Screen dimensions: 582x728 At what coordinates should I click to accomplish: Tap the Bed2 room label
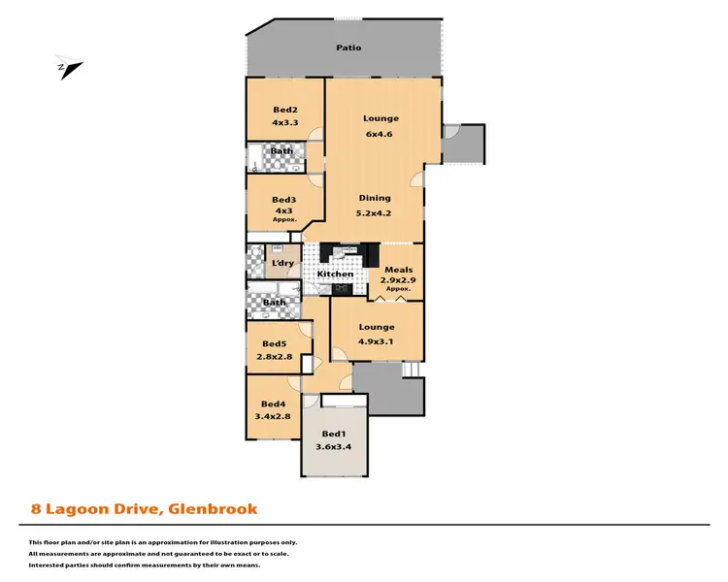point(284,110)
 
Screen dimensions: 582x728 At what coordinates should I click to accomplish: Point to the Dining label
point(374,199)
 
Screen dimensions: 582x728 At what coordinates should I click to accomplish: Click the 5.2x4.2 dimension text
point(374,212)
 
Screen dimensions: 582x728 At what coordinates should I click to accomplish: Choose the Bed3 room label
point(283,200)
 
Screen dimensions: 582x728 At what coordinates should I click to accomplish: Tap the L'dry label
point(283,263)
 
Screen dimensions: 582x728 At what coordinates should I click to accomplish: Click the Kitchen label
point(336,275)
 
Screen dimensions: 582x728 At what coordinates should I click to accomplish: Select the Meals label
point(398,271)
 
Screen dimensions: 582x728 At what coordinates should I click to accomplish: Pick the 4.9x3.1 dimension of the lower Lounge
point(377,340)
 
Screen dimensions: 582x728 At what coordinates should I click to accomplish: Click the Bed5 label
point(274,343)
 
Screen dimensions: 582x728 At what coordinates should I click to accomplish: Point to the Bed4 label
point(273,404)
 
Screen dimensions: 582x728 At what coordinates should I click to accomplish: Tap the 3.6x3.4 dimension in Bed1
point(333,447)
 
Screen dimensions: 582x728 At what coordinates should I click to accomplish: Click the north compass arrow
point(69,68)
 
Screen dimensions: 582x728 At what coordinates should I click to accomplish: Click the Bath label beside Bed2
point(281,151)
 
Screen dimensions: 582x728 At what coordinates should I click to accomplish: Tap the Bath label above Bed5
point(275,303)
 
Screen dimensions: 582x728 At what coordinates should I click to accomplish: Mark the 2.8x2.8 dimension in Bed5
point(274,356)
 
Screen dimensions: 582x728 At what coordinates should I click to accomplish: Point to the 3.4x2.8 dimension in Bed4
point(273,417)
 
